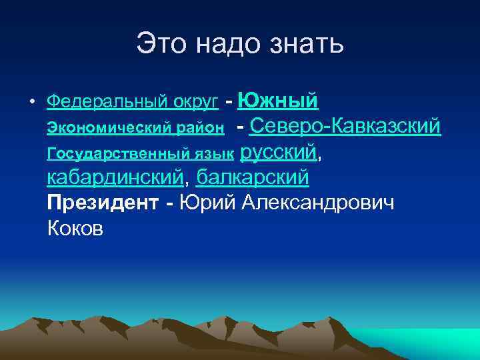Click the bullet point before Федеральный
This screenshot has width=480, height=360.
[x=32, y=103]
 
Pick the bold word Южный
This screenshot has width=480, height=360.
[x=277, y=101]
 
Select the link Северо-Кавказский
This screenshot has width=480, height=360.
[x=346, y=125]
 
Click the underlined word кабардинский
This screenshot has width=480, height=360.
[x=115, y=178]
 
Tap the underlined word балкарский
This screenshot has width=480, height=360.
[x=253, y=178]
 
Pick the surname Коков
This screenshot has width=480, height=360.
[x=75, y=229]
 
